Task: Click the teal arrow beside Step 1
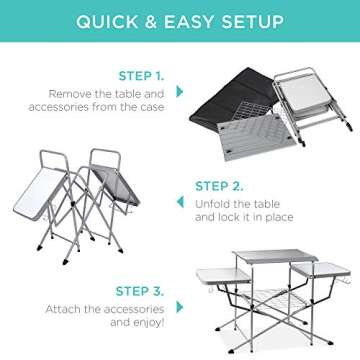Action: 180,91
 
